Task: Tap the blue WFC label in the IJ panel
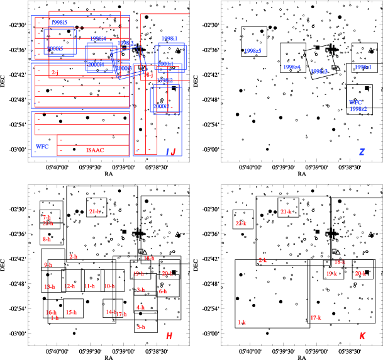(42, 146)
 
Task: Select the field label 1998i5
(59, 22)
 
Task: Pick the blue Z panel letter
(362, 152)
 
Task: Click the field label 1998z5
(253, 50)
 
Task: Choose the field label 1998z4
(292, 67)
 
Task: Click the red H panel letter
(169, 337)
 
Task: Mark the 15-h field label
(71, 312)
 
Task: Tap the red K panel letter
(362, 337)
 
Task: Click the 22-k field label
(240, 223)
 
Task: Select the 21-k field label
(286, 212)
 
